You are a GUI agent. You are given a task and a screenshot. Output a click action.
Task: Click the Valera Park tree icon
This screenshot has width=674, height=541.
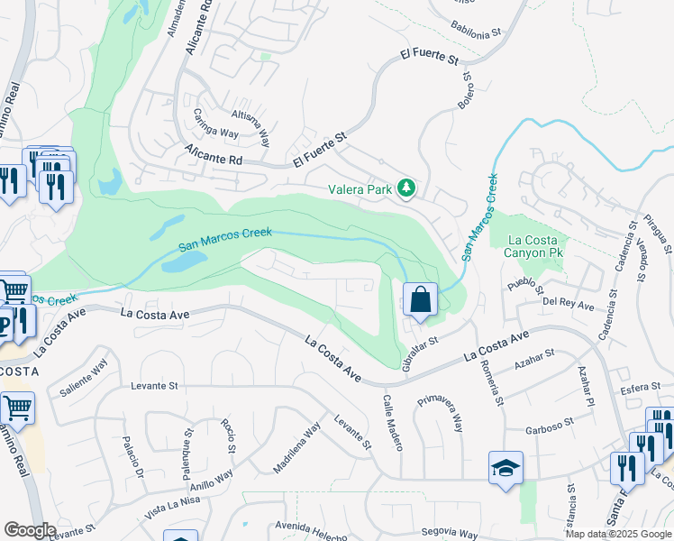pos(406,188)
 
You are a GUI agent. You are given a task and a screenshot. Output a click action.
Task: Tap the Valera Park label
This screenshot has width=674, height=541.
pos(360,189)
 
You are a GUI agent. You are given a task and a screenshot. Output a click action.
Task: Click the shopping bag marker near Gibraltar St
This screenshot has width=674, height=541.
pos(421,299)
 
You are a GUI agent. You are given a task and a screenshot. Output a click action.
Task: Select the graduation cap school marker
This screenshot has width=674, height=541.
pos(505,467)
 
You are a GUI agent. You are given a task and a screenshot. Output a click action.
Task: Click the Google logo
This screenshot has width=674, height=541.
pos(29,530)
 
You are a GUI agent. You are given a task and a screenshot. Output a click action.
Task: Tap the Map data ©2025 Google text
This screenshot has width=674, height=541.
pos(618,534)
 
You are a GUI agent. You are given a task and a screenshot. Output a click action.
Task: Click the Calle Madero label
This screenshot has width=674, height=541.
pos(393,419)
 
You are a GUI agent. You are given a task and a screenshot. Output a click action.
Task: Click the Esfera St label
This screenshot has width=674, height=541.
pos(642,390)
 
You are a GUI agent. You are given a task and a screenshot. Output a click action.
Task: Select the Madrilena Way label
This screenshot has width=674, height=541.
pos(297,449)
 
